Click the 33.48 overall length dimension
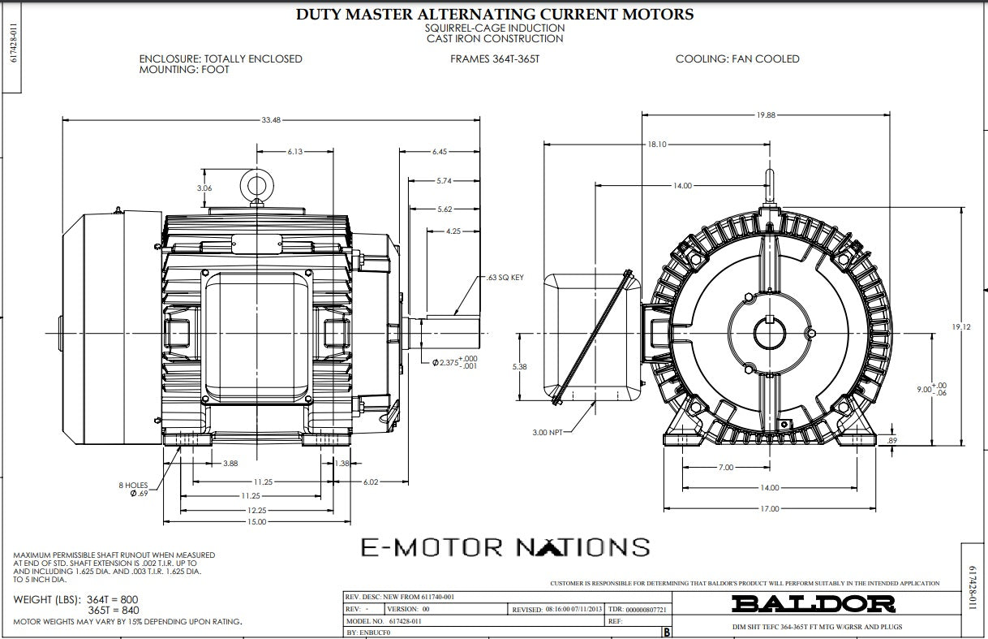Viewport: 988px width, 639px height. tap(271, 120)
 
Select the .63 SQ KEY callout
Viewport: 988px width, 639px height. tap(505, 278)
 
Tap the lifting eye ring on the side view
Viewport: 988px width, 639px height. tap(257, 183)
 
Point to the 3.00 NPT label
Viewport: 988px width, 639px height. tap(547, 432)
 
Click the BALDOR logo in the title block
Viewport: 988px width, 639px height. tap(814, 603)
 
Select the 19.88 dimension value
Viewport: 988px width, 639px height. tap(765, 115)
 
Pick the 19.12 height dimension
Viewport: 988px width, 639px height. tap(960, 327)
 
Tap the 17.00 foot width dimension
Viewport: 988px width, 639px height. tap(769, 509)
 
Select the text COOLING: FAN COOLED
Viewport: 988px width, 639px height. tap(737, 59)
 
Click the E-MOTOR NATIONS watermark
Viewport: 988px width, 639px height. tap(505, 547)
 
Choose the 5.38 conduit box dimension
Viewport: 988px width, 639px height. tap(519, 367)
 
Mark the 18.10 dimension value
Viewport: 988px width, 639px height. tap(656, 145)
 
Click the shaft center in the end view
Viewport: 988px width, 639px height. tap(767, 333)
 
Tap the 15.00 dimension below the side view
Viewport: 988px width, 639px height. tap(257, 521)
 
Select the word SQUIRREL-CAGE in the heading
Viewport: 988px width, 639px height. tap(459, 28)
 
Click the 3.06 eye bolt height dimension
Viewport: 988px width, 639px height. tap(204, 188)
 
